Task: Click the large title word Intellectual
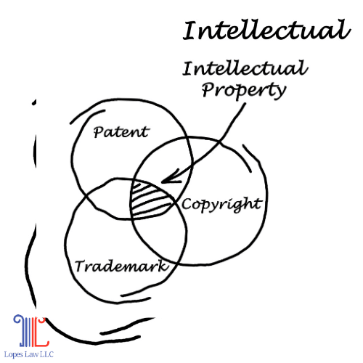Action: [x=266, y=30]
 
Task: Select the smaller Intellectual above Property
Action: [x=245, y=68]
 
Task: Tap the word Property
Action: [x=244, y=90]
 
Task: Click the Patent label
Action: [x=121, y=132]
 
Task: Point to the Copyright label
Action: [x=222, y=205]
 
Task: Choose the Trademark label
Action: [x=122, y=266]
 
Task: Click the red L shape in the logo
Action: [x=41, y=332]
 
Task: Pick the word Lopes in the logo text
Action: [x=14, y=355]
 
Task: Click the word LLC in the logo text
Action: [x=46, y=354]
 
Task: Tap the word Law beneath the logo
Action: [x=31, y=354]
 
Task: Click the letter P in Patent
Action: [x=98, y=132]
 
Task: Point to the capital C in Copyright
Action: [x=186, y=204]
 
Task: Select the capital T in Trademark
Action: [x=80, y=266]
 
